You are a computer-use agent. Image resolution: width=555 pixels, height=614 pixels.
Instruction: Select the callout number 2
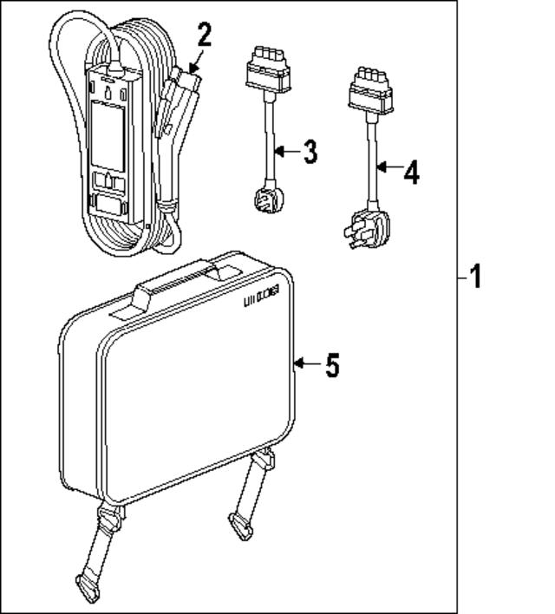click(204, 36)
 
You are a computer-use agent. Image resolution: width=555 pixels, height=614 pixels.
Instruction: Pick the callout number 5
click(331, 365)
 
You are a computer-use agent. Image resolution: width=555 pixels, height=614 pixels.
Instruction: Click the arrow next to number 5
click(305, 364)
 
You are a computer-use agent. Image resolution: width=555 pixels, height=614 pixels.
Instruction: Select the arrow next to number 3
click(284, 153)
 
